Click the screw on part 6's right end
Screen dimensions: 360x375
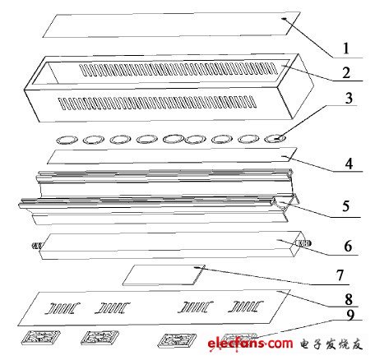pyautogui.click(x=307, y=244)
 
